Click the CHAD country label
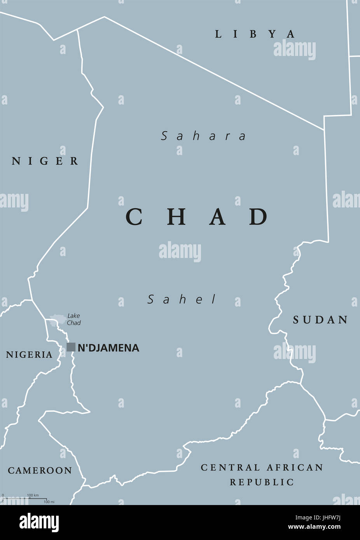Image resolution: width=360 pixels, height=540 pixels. tap(197, 217)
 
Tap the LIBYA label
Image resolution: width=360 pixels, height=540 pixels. tap(255, 34)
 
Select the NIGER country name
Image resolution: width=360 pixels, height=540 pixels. tap(45, 161)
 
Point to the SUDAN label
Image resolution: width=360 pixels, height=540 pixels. tap(320, 320)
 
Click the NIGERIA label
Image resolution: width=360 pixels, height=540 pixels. tap(29, 354)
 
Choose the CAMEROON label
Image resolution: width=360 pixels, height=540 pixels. tap(40, 470)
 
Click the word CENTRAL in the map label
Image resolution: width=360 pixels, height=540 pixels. tap(230, 467)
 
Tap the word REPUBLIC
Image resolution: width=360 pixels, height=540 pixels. tap(262, 482)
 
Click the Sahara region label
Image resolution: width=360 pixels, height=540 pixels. tap(204, 136)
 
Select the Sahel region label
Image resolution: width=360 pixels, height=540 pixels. tap(182, 300)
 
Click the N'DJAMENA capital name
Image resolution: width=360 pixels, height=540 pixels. tap(108, 348)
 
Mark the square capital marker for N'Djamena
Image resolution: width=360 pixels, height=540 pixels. tap(71, 347)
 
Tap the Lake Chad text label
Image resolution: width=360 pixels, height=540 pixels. tap(73, 319)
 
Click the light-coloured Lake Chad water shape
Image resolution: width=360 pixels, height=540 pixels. tap(58, 319)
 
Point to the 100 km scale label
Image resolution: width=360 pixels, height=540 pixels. tap(33, 495)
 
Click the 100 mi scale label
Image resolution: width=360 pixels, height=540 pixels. tap(49, 502)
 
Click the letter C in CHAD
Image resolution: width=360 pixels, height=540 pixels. tap(134, 217)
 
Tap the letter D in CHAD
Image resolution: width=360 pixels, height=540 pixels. tap(258, 217)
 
